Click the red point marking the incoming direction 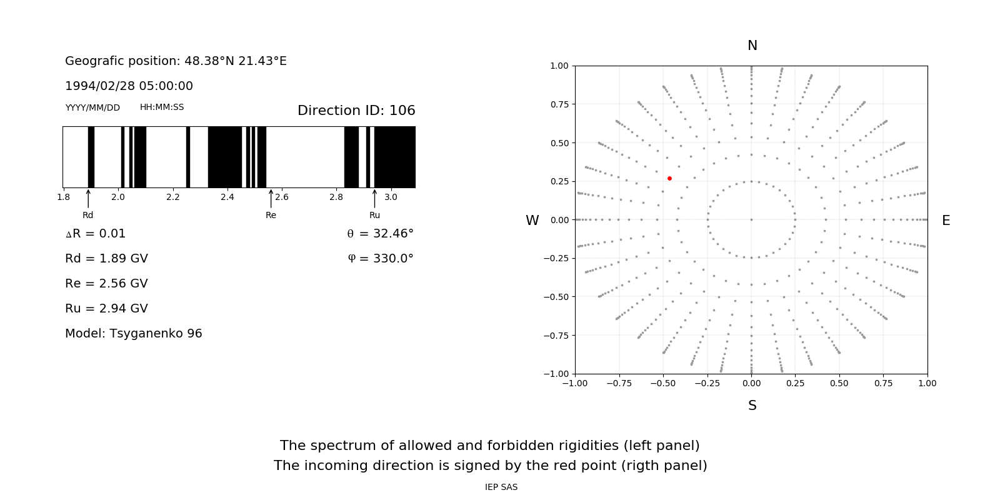pyautogui.click(x=669, y=179)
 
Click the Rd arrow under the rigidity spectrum pyautogui.click(x=88, y=199)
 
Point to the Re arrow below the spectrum pyautogui.click(x=271, y=199)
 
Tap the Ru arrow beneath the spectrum pyautogui.click(x=374, y=199)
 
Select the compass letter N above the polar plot pyautogui.click(x=752, y=46)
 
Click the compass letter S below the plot pyautogui.click(x=752, y=406)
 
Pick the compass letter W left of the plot pyautogui.click(x=532, y=221)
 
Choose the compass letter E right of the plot pyautogui.click(x=946, y=221)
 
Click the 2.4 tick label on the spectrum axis pyautogui.click(x=227, y=197)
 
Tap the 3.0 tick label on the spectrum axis pyautogui.click(x=391, y=197)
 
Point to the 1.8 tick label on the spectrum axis pyautogui.click(x=64, y=197)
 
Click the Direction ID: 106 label pyautogui.click(x=356, y=111)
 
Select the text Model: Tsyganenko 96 pyautogui.click(x=134, y=334)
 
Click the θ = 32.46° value pyautogui.click(x=380, y=234)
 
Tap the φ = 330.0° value pyautogui.click(x=381, y=259)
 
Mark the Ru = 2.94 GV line pyautogui.click(x=106, y=309)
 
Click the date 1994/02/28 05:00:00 pyautogui.click(x=129, y=86)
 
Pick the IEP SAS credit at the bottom pyautogui.click(x=501, y=487)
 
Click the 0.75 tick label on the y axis pyautogui.click(x=559, y=104)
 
